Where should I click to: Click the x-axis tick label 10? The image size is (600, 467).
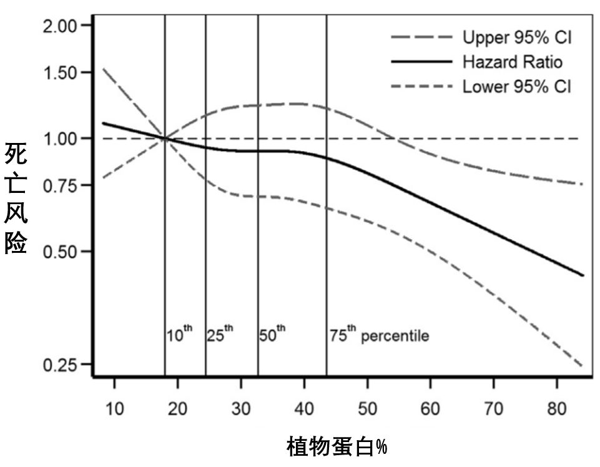point(114,409)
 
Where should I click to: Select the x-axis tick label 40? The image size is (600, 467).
point(304,409)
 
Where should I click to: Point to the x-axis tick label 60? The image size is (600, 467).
point(430,409)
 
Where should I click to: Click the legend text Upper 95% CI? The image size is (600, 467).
point(516,38)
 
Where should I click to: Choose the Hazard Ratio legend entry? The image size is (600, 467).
point(512,62)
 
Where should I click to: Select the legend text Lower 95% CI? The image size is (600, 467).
point(516,86)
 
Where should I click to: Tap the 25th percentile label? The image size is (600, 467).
point(220,335)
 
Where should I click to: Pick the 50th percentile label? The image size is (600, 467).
point(272,335)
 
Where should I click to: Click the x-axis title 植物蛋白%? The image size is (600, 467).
point(337,448)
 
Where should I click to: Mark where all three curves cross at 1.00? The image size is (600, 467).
point(165,139)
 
